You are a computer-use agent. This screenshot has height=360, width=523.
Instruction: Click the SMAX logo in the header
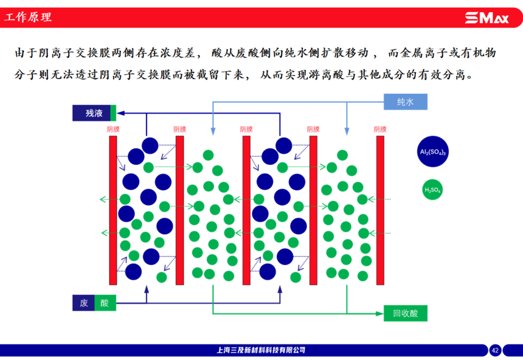(x=487, y=18)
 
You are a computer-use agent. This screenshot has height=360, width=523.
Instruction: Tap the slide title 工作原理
(x=28, y=17)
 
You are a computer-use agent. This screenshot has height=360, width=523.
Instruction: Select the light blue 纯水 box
(x=405, y=102)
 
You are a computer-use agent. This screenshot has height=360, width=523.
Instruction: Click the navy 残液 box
(x=91, y=113)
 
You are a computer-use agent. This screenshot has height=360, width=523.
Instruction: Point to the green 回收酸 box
(x=405, y=313)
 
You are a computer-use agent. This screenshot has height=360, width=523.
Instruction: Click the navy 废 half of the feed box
(x=84, y=303)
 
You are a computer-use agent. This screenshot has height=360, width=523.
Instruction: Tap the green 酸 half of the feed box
(x=105, y=303)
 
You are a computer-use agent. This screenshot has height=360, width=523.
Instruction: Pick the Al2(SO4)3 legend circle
(x=432, y=151)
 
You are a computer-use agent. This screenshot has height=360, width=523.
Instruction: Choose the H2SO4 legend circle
(x=432, y=190)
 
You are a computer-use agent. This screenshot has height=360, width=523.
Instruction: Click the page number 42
(x=495, y=350)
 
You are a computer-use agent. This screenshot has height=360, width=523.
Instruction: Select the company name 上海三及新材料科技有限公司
(x=261, y=350)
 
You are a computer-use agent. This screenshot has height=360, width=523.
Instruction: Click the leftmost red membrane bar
(x=113, y=210)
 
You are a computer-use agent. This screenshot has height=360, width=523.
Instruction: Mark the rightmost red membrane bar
(x=380, y=210)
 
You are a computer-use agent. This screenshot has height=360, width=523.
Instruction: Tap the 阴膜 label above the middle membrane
(x=246, y=129)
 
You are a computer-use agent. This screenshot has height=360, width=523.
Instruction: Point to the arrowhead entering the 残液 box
(x=120, y=113)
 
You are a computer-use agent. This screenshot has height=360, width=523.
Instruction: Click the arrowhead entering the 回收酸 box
(x=379, y=314)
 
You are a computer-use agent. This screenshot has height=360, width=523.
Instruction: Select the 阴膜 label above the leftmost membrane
(x=113, y=129)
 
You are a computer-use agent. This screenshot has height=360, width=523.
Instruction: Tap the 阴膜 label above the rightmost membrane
(x=380, y=129)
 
